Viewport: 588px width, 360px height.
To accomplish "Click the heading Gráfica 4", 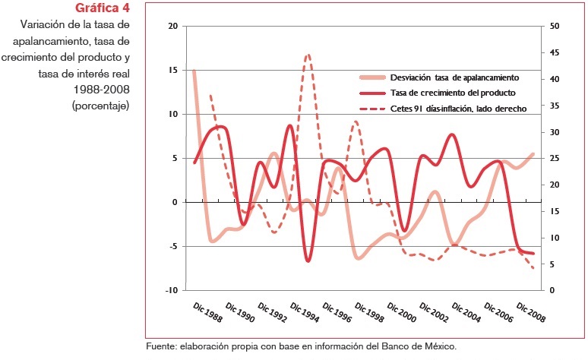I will (x=103, y=8).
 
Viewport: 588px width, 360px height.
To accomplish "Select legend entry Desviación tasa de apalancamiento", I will (x=454, y=77).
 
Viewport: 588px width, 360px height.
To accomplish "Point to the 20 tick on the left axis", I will (x=172, y=26).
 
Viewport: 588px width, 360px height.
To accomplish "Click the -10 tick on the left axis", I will (x=171, y=290).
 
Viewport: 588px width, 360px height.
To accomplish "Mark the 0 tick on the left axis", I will (x=175, y=202).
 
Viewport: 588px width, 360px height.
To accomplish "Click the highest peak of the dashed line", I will (x=308, y=55).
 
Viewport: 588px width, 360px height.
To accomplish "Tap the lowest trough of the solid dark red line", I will (x=308, y=261).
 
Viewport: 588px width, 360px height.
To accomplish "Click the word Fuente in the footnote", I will (x=160, y=346).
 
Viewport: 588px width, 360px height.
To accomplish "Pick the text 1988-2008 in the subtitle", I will (x=101, y=90).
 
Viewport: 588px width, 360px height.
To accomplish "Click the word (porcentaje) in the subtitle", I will (x=101, y=106).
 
